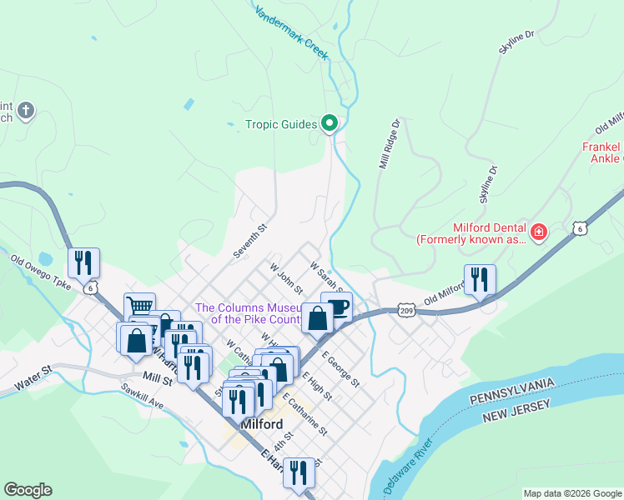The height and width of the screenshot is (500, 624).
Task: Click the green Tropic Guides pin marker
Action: [x=330, y=125]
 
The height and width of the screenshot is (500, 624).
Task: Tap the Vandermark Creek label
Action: [x=293, y=33]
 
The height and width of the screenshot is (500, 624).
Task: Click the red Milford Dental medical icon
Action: [x=539, y=231]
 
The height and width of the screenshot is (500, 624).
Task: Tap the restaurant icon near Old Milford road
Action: [x=480, y=279]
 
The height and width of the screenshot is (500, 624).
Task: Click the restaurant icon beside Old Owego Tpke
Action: [x=83, y=262]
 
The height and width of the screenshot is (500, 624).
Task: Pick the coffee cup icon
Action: [x=338, y=306]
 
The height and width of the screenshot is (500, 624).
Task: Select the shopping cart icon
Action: [x=139, y=307]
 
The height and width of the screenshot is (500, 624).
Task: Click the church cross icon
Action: [x=26, y=110]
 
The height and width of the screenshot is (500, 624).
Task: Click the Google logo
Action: [x=28, y=490]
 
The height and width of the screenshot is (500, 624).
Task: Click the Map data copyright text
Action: [x=571, y=493]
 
